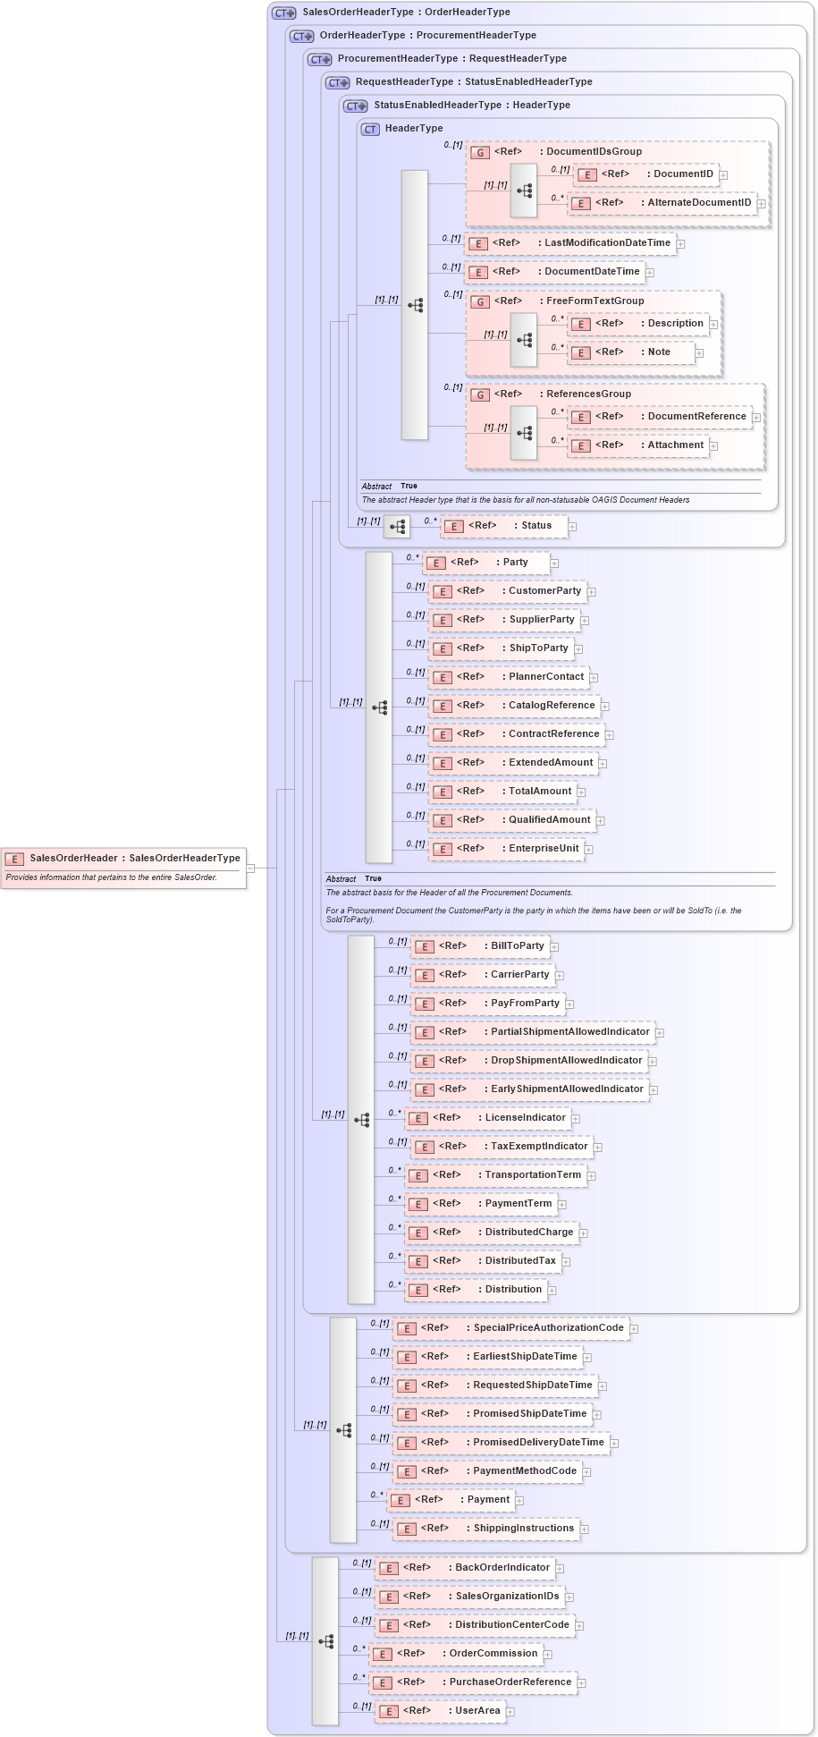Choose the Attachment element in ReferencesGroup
point(638,445)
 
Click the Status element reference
point(505,526)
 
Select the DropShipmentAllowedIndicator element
point(533,1061)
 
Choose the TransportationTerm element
point(495,1175)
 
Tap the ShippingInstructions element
point(486,1529)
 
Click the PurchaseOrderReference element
point(473,1682)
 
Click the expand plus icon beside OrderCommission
point(548,1655)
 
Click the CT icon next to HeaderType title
point(370,130)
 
